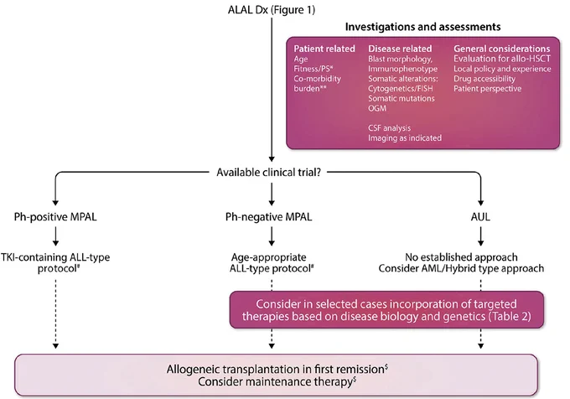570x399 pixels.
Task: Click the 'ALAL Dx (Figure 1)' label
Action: tap(272, 10)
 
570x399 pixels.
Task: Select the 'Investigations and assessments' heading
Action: tap(422, 27)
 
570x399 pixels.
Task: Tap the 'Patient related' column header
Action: tap(324, 49)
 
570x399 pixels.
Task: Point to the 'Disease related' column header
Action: tap(400, 49)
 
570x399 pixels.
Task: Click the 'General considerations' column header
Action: tap(501, 49)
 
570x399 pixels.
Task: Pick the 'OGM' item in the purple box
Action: tap(377, 108)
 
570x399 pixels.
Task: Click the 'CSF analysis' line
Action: tap(389, 128)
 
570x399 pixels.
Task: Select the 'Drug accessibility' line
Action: tap(484, 79)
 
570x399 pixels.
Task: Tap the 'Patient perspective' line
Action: tap(488, 89)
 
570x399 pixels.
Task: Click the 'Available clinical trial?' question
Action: tap(268, 172)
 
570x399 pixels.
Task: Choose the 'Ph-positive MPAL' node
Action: tap(55, 217)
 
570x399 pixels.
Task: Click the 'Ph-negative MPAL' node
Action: tap(268, 217)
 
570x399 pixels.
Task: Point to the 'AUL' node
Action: tap(480, 217)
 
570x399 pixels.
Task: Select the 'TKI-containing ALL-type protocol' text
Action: tap(55, 262)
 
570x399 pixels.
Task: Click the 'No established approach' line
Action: tap(461, 257)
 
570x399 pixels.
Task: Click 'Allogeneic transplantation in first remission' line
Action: tap(277, 369)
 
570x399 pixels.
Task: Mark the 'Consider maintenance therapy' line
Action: tap(277, 382)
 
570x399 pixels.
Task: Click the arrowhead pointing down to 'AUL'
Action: tap(480, 203)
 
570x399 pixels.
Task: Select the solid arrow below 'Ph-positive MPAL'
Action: tap(55, 236)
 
